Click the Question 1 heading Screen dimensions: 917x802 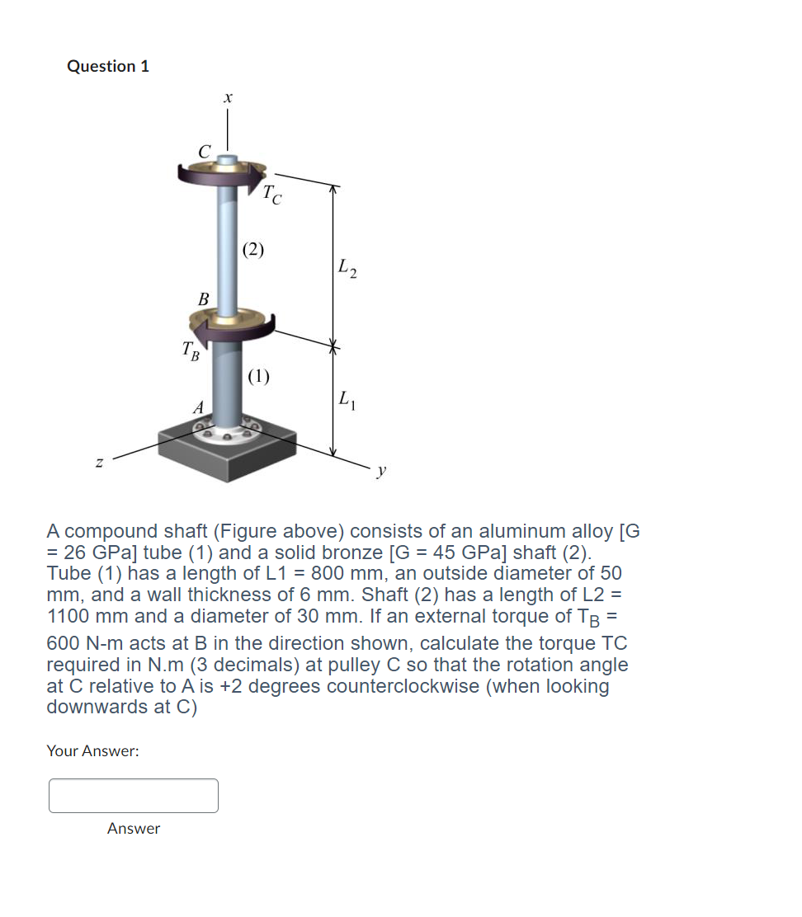[x=108, y=66]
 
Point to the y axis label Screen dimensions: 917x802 [x=380, y=472]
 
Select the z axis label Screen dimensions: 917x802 [x=99, y=466]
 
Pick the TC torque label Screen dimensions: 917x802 [x=272, y=196]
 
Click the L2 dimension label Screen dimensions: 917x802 [x=347, y=268]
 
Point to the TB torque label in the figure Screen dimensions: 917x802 [x=191, y=352]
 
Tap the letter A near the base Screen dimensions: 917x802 [x=197, y=407]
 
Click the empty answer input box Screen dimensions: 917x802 [x=134, y=796]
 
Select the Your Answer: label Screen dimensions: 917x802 [x=92, y=750]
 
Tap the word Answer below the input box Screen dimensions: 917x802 [x=134, y=828]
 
